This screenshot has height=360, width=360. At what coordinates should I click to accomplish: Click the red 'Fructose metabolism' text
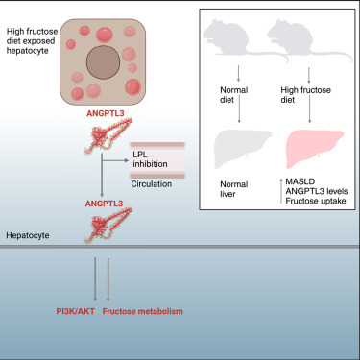click(x=140, y=312)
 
